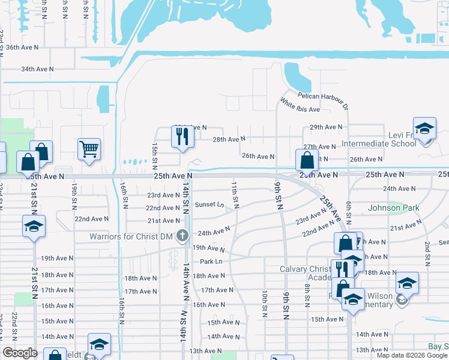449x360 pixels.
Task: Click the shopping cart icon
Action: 89,148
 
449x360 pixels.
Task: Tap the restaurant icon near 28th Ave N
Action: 182,137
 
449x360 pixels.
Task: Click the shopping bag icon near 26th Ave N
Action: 307,160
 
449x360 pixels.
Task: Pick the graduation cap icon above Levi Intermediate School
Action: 424,129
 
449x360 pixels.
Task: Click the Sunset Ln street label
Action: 209,205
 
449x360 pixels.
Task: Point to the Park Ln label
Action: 211,262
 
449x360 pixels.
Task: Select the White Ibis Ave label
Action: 300,106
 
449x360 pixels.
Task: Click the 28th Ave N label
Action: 229,139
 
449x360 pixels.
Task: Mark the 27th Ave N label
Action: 319,146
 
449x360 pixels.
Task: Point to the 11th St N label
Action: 235,193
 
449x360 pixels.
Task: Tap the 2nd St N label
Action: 427,254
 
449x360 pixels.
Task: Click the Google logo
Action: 20,353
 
